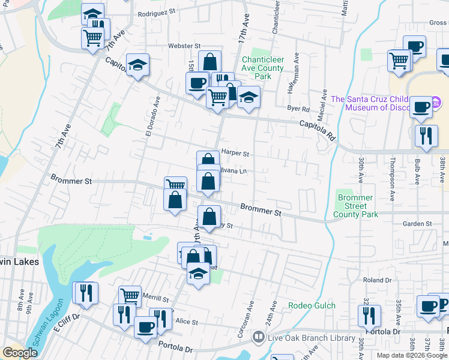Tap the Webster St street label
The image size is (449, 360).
point(167,46)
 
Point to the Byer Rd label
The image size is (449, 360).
point(298,109)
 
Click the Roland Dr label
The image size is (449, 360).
point(377,280)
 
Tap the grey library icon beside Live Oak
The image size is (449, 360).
point(258,337)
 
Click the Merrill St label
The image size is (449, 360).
point(155,298)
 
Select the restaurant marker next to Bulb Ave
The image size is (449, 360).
point(426,135)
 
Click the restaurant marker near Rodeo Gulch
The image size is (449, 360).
point(369,316)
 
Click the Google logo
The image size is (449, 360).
point(20,353)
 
